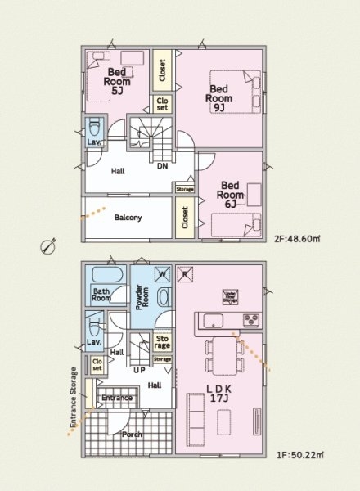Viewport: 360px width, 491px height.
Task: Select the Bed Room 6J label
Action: pos(230,190)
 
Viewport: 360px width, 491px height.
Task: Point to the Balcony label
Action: pos(128,218)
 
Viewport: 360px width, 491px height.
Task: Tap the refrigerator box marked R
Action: pos(186,273)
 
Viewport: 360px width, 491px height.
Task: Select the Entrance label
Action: pos(116,399)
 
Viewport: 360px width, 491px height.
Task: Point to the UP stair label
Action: pos(140,370)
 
